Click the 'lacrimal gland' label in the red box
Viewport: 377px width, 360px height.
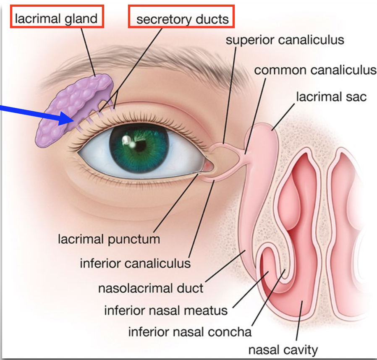pos(56,18)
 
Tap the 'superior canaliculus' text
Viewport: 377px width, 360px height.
pos(285,40)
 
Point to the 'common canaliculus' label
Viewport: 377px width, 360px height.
pos(315,70)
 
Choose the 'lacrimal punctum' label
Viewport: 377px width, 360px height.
pos(109,239)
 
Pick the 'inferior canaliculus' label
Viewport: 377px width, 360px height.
pos(135,263)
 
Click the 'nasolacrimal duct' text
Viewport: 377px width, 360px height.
pos(151,288)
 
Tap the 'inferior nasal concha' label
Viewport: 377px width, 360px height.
pos(190,332)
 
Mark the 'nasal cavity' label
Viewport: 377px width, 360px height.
pos(283,349)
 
